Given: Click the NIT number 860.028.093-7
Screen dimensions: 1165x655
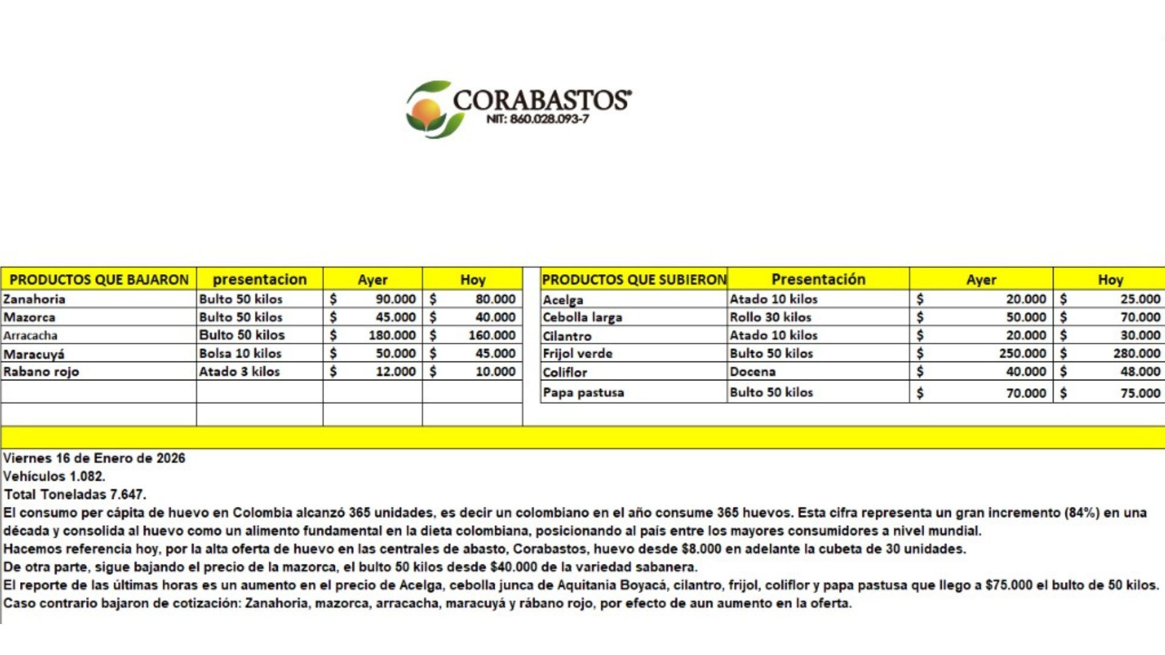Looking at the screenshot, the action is click(x=537, y=119).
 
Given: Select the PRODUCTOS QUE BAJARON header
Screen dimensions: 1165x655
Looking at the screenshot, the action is click(x=99, y=280).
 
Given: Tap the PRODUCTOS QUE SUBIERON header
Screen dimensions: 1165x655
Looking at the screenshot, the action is click(x=633, y=280).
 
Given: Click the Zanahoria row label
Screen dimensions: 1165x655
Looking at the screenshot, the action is click(x=34, y=299).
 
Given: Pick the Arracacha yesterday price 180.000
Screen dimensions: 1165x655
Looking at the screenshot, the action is click(x=392, y=335).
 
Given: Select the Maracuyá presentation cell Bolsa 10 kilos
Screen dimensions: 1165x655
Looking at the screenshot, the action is click(x=240, y=354).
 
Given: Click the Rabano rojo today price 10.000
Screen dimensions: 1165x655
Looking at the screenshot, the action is click(x=495, y=372).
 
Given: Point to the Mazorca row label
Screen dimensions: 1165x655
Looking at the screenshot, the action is click(x=29, y=317).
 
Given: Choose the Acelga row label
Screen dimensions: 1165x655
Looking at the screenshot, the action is click(x=563, y=300).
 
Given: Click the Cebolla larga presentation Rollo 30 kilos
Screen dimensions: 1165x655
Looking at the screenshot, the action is click(x=770, y=317).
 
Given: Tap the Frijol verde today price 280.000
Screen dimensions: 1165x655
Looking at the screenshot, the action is click(x=1136, y=354).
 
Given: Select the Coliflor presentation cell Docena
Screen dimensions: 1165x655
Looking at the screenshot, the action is click(x=752, y=372).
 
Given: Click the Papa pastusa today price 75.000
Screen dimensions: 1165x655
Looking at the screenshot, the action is click(x=1140, y=393).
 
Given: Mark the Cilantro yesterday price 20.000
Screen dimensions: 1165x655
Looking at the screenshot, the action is click(x=1026, y=335).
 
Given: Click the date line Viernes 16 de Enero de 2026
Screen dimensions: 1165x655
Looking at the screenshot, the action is click(x=94, y=458).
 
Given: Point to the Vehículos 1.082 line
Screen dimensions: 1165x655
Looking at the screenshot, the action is click(x=54, y=477).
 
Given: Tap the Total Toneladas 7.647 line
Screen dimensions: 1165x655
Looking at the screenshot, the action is click(x=75, y=495).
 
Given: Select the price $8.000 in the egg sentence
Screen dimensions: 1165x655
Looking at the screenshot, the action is click(x=702, y=549).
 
